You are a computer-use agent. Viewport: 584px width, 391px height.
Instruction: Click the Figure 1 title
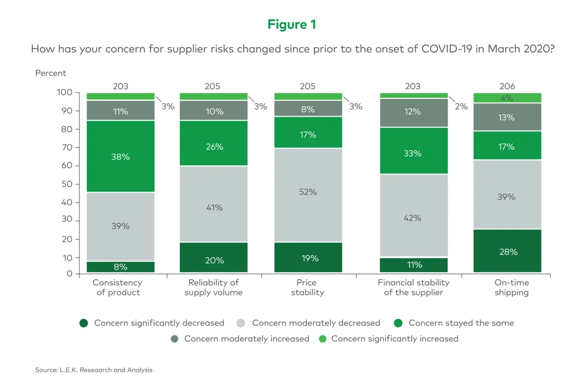[x=292, y=24]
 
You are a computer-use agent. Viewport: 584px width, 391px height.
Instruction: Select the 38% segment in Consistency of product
[x=120, y=157]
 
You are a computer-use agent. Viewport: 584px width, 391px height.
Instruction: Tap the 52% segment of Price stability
[x=308, y=192]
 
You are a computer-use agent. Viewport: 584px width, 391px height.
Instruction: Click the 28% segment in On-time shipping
[x=507, y=251]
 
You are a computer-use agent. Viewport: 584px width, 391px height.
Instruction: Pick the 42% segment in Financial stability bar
[x=413, y=218]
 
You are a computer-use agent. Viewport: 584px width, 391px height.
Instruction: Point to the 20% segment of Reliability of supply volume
[x=213, y=260]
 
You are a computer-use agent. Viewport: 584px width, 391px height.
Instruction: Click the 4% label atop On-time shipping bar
[x=507, y=98]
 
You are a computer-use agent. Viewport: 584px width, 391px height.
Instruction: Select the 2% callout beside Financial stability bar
[x=461, y=106]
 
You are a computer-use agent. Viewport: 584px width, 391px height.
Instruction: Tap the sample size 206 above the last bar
[x=507, y=86]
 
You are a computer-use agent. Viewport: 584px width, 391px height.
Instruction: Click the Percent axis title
[x=51, y=73]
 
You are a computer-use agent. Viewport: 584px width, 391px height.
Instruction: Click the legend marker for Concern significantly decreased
[x=84, y=323]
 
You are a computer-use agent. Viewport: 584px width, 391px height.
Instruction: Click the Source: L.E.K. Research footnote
[x=94, y=370]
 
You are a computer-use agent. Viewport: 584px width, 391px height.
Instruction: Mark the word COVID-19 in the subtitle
[x=447, y=49]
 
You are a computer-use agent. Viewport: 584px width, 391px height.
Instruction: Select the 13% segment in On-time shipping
[x=507, y=118]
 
